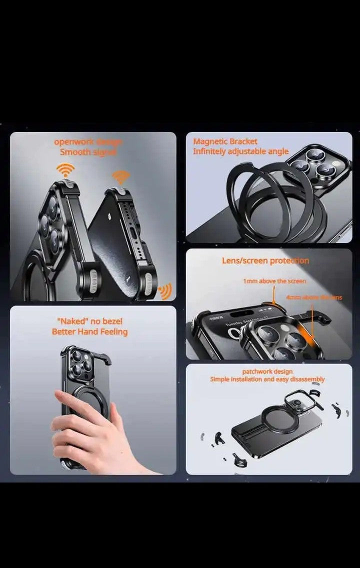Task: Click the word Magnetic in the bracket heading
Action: (209, 141)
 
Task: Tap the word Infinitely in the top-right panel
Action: (211, 151)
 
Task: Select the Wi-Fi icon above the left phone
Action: (65, 169)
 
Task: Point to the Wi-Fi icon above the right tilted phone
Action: (120, 176)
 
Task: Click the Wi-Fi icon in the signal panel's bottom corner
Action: (164, 291)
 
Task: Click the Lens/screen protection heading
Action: (265, 261)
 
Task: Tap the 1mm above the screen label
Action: (274, 281)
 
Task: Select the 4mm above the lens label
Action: (314, 297)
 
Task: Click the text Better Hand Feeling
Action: (89, 332)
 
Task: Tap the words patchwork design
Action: (267, 371)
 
